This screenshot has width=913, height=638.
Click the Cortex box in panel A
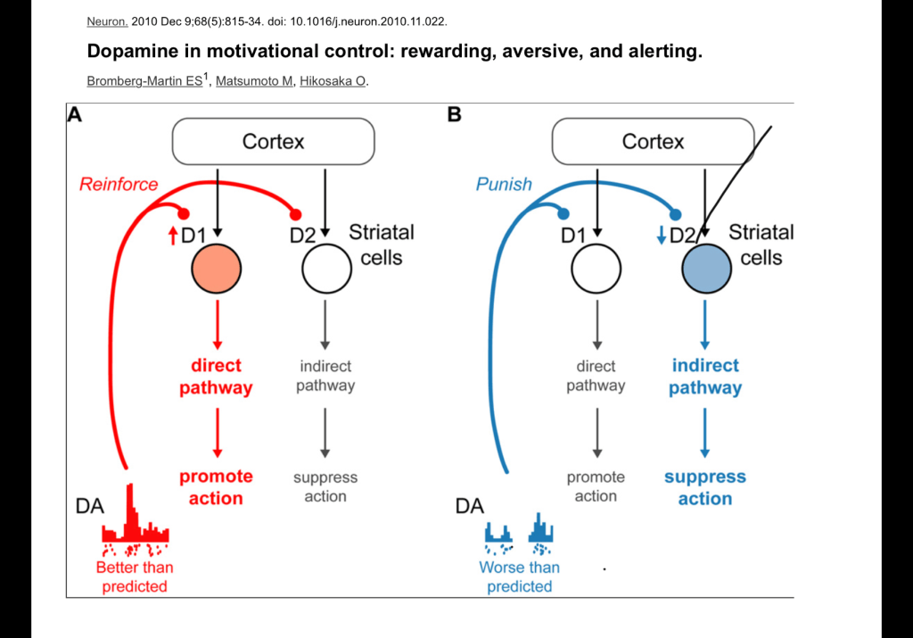click(x=273, y=142)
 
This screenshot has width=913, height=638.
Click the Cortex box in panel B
click(x=653, y=142)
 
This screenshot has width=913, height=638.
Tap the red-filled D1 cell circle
click(x=215, y=269)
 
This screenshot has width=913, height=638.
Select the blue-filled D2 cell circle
click(x=706, y=269)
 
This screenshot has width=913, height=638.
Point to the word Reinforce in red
click(x=119, y=185)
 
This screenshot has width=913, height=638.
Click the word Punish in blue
click(x=504, y=185)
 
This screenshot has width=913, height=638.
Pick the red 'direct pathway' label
click(x=216, y=377)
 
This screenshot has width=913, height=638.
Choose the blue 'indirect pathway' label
click(x=705, y=377)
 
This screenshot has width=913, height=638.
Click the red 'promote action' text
click(x=216, y=487)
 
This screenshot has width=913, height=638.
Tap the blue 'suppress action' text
click(x=705, y=487)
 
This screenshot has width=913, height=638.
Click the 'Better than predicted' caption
click(x=135, y=576)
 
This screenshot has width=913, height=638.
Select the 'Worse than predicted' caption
click(x=519, y=576)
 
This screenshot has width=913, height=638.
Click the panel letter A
click(x=75, y=114)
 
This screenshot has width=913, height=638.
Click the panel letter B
click(x=455, y=114)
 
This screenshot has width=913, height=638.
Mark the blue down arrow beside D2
click(x=661, y=236)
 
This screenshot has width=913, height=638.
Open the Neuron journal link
click(x=107, y=21)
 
